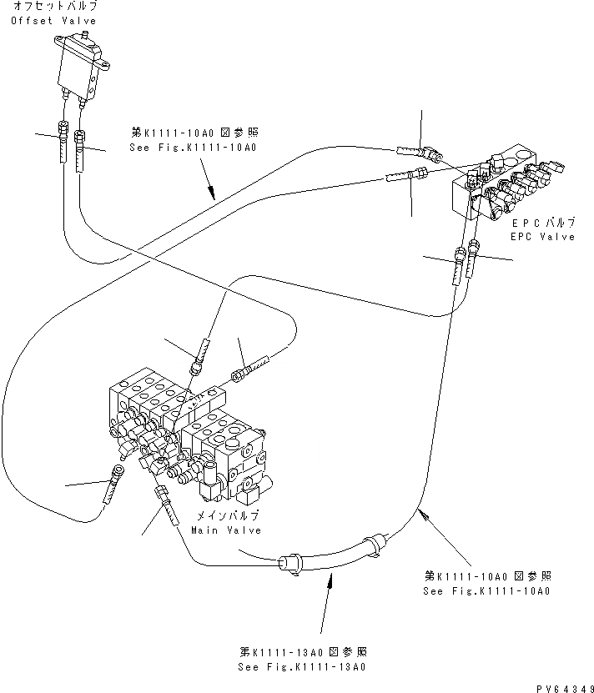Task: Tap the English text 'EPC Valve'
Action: pos(543,237)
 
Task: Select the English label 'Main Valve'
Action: pos(226,530)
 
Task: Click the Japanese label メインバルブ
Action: pos(226,517)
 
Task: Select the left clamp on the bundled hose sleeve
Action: pos(293,565)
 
